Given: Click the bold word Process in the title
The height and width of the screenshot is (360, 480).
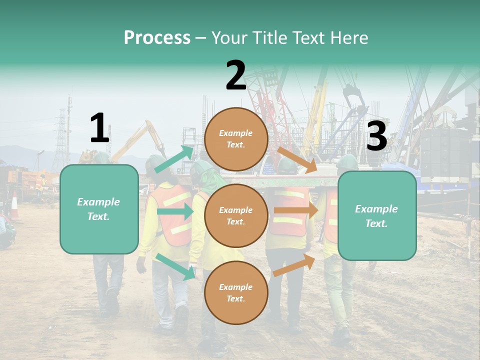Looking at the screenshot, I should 157,38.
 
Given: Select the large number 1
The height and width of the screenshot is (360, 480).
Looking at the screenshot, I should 99,128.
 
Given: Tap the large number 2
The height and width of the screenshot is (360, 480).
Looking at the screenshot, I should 236,75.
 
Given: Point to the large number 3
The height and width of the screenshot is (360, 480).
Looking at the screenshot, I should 376,137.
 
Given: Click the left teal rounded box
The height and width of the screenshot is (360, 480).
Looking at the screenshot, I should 99,209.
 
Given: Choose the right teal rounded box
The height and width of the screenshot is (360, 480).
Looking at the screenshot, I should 377,215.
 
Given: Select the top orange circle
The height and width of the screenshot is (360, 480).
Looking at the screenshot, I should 236,139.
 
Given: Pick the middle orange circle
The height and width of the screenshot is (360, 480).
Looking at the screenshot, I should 236,215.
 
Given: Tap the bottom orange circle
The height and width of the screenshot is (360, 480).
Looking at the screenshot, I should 236,292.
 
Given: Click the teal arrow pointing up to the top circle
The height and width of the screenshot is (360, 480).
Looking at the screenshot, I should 174,159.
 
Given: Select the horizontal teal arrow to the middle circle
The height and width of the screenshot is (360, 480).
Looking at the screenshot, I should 175,211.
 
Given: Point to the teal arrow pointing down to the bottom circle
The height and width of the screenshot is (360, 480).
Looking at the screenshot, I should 175,266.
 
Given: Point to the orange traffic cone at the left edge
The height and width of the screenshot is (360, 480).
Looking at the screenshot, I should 14,205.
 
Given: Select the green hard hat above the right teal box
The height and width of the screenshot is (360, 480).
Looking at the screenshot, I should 347,161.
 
